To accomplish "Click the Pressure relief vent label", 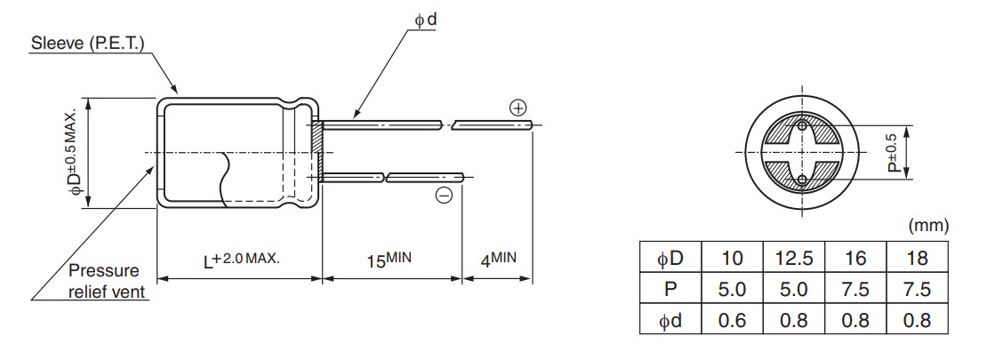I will [106, 280].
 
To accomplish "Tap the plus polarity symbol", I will [518, 108].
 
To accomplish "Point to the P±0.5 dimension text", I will [892, 153].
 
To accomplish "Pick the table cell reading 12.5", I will [794, 258].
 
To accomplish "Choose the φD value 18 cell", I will [919, 258].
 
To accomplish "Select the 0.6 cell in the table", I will [733, 320].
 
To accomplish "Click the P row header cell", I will [670, 289].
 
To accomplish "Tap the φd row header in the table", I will [670, 320].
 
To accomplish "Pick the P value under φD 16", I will [856, 289].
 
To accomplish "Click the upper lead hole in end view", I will [803, 126].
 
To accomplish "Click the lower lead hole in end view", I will [803, 180].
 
